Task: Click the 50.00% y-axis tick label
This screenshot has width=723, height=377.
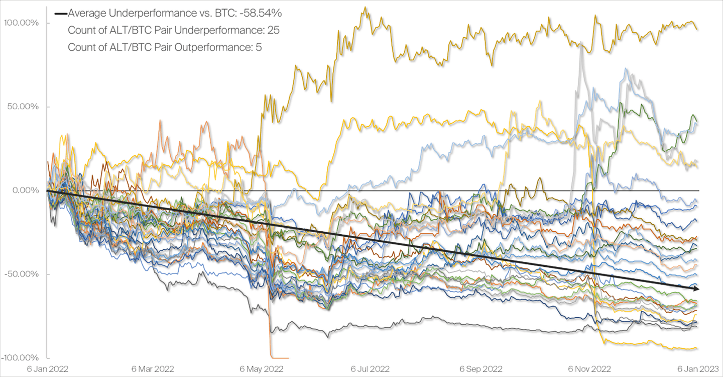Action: point(21,107)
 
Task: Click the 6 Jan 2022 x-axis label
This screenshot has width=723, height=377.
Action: point(47,368)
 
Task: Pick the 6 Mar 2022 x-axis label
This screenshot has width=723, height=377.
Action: point(153,368)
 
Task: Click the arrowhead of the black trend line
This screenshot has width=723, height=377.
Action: point(697,288)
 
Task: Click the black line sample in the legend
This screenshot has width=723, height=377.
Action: point(61,13)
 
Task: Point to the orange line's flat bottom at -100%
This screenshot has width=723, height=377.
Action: point(279,357)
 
